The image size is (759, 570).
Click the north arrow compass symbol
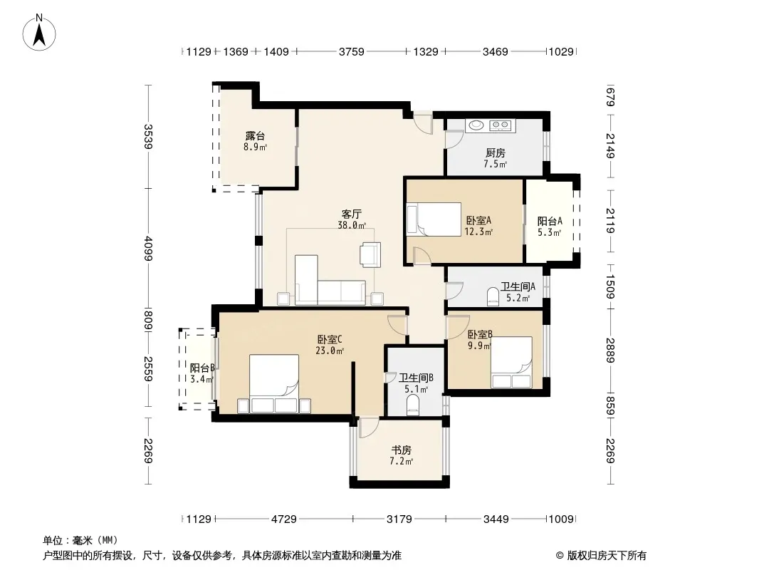coord(39,33)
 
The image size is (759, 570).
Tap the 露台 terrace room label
coord(255,136)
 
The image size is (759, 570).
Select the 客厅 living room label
coord(352,214)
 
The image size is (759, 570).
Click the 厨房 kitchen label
coord(495,153)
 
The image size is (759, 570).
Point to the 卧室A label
coord(478,220)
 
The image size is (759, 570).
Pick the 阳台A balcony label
coord(550,222)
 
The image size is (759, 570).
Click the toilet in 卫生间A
coord(493,297)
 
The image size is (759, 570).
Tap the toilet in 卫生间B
coord(412,405)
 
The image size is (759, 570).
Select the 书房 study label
coord(402,450)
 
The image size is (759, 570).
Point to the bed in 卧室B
coord(512,362)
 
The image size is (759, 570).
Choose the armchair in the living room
coord(370,254)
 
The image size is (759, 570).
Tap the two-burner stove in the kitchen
coord(500,125)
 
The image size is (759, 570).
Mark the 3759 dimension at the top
coord(351,51)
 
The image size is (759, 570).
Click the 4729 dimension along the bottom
coord(283,519)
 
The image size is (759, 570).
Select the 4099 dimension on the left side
coord(149,249)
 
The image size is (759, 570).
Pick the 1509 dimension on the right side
coord(610,287)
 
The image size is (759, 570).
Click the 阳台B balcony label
coord(201,368)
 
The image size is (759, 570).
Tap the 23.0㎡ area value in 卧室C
coord(330,351)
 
